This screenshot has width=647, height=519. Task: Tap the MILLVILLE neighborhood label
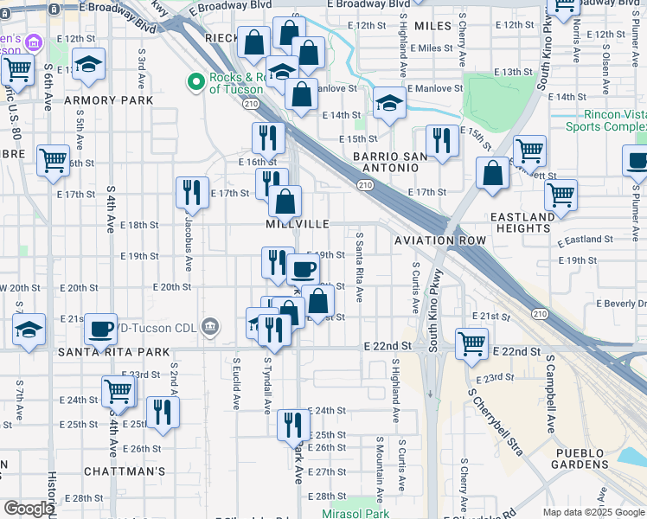(x=298, y=224)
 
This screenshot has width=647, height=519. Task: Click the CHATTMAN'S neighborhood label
(x=125, y=471)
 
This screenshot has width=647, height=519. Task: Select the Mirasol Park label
(x=356, y=513)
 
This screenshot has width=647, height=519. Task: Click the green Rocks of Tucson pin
(x=196, y=82)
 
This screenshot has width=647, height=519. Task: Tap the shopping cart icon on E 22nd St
(x=471, y=343)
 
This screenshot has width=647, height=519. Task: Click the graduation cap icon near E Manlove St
(x=390, y=105)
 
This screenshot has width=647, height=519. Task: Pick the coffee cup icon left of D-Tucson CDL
(x=101, y=328)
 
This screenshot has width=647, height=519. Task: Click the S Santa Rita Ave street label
(x=359, y=273)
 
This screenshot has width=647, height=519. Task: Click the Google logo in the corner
(x=29, y=509)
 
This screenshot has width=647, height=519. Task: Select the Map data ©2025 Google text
(x=593, y=512)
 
